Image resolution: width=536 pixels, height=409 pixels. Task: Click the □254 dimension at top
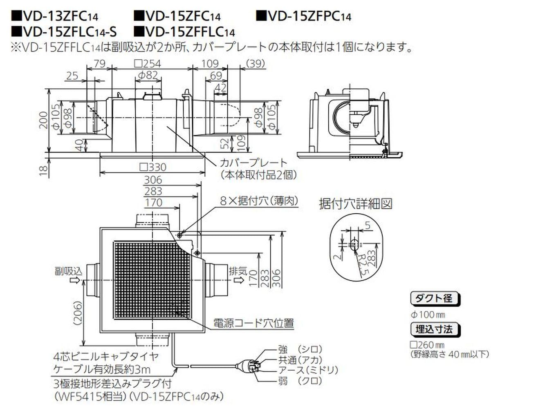click(x=148, y=64)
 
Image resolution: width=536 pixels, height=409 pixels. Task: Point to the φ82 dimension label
click(x=148, y=76)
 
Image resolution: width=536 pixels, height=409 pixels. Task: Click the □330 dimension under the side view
click(x=153, y=167)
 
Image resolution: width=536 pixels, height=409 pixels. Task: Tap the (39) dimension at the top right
click(x=256, y=64)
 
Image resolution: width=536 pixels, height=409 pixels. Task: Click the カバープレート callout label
click(x=253, y=163)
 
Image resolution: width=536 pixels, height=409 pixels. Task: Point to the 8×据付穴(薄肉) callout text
click(x=259, y=201)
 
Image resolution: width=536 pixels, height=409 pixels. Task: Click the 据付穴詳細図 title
click(x=355, y=203)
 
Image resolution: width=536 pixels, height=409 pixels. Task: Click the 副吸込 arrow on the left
click(x=74, y=280)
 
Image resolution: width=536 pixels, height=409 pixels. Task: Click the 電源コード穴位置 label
click(x=253, y=324)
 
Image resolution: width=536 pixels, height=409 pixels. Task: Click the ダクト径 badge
click(x=434, y=298)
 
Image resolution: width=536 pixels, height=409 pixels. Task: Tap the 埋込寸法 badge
click(x=434, y=329)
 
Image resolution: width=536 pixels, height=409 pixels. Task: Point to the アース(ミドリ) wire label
click(x=308, y=370)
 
